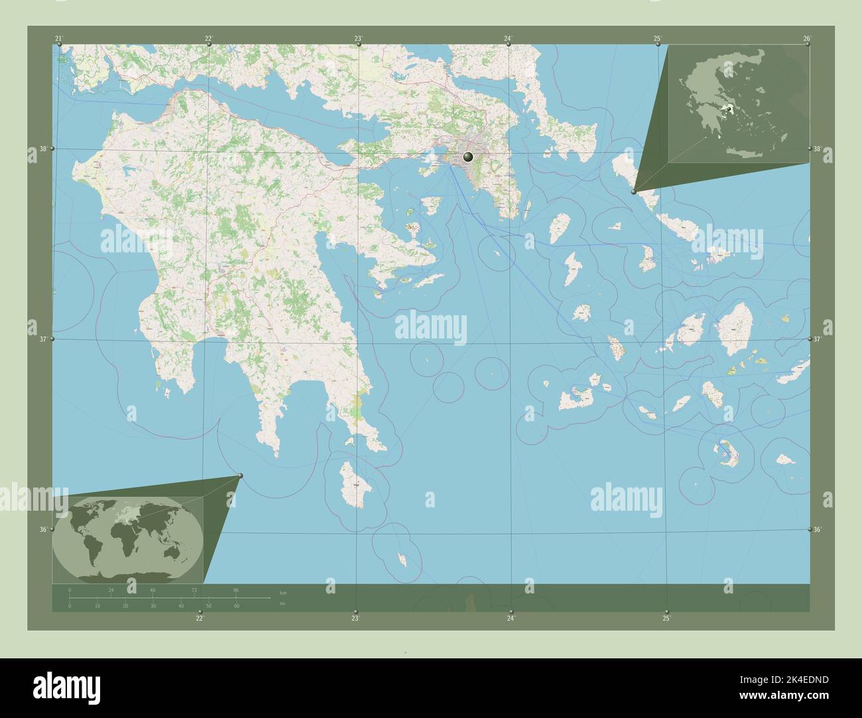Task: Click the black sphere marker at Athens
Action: tap(468, 157)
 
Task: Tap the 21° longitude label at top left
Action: tap(60, 38)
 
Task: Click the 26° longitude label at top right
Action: tap(807, 38)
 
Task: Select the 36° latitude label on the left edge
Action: tap(42, 529)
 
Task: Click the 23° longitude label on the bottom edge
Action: tap(355, 619)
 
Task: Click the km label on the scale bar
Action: tap(283, 591)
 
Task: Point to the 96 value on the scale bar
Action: tap(235, 590)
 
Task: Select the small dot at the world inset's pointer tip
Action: tap(240, 476)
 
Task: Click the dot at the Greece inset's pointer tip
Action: tap(634, 191)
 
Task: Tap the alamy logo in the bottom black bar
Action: tap(66, 688)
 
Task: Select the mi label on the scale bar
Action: tap(282, 603)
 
